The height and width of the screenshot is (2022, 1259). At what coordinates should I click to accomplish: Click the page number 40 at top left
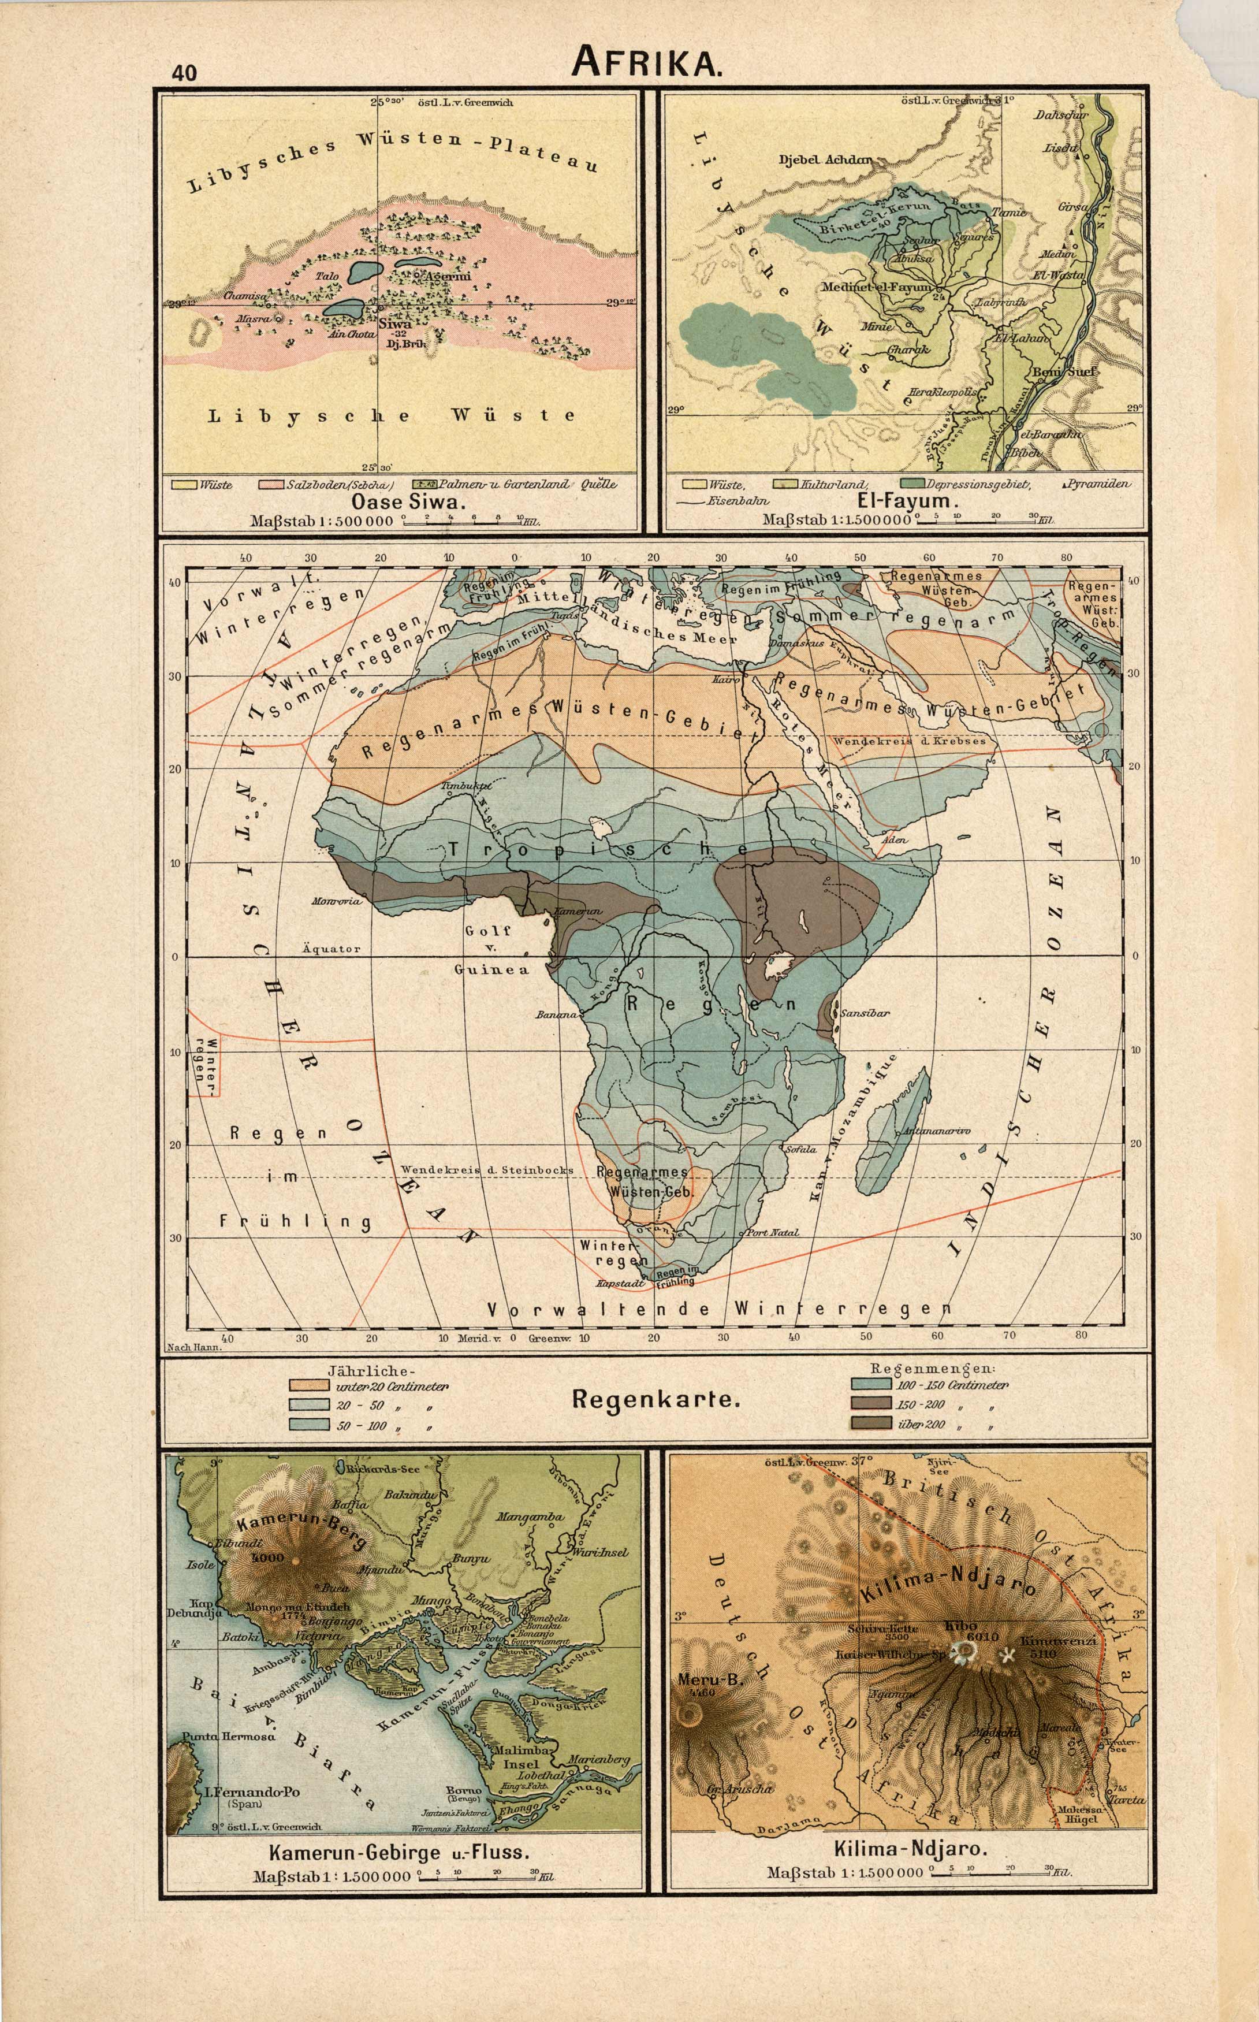coord(185,72)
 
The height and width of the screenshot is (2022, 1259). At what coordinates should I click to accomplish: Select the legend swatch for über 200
coord(870,1424)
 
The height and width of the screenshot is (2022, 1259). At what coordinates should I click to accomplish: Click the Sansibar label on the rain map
coord(865,1013)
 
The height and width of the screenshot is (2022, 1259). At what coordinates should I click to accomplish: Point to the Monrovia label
coord(336,901)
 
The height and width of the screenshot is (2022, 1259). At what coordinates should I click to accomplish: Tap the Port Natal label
coord(772,1232)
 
